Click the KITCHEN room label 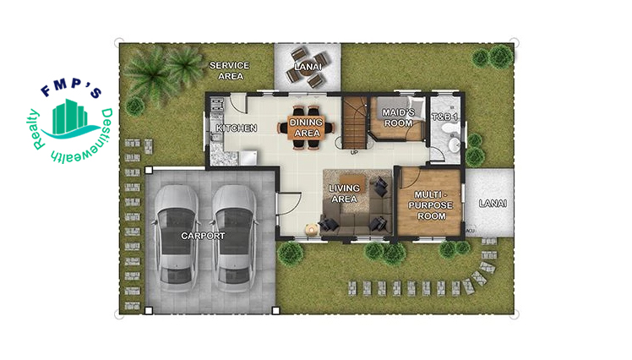pyautogui.click(x=237, y=128)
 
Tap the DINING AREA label pyautogui.click(x=307, y=128)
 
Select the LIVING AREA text pyautogui.click(x=344, y=194)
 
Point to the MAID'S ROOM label pyautogui.click(x=398, y=117)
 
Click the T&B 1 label pyautogui.click(x=445, y=117)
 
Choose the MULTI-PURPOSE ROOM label pyautogui.click(x=431, y=205)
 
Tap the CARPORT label pyautogui.click(x=203, y=236)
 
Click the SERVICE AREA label pyautogui.click(x=230, y=70)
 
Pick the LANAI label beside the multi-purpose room pyautogui.click(x=493, y=203)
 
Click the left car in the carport pyautogui.click(x=177, y=237)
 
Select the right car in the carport pyautogui.click(x=235, y=237)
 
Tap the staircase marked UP pyautogui.click(x=355, y=123)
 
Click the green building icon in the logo pyautogui.click(x=69, y=117)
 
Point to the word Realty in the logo pyautogui.click(x=36, y=129)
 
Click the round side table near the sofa pyautogui.click(x=312, y=230)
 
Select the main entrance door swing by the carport pyautogui.click(x=290, y=204)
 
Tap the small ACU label pyautogui.click(x=470, y=231)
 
